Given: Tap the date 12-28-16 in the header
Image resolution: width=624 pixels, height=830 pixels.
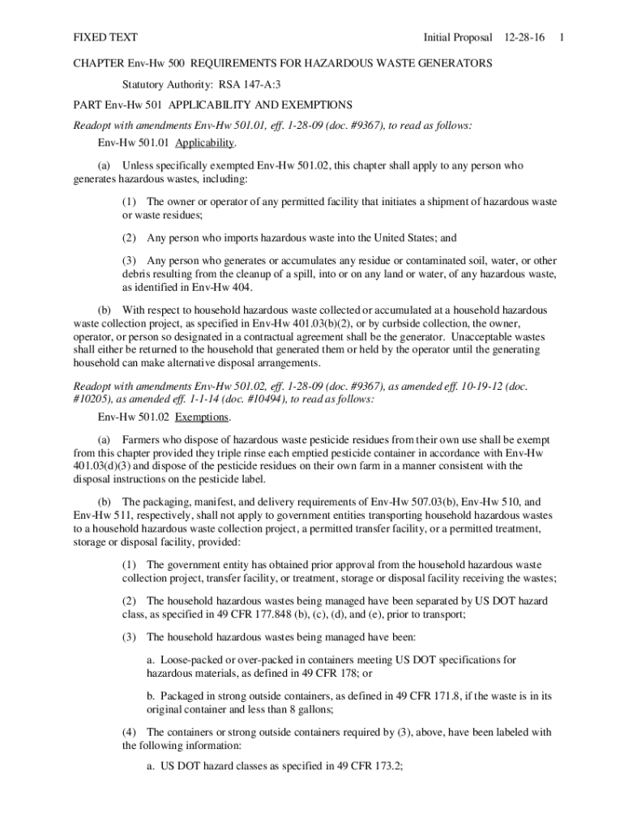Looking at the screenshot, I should pos(524,37).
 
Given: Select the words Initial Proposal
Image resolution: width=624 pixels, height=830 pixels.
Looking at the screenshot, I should pos(457,37).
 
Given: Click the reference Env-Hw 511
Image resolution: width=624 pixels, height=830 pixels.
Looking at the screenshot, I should pos(101,516).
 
